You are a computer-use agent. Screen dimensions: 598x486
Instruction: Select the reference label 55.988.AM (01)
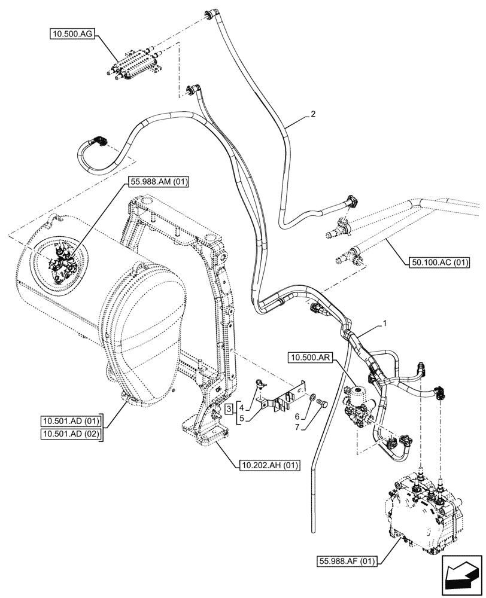pos(157,183)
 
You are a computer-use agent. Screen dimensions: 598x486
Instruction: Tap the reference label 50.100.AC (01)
pos(440,261)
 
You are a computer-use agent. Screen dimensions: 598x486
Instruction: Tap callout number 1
pos(386,324)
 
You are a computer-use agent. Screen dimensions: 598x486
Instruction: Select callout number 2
pos(312,114)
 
